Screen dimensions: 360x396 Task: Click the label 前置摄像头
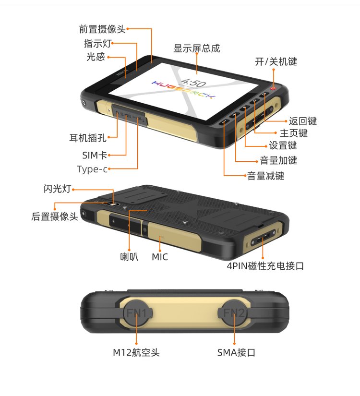click(102, 29)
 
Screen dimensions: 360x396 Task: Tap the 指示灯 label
click(97, 43)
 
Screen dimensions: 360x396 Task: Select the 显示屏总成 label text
click(196, 48)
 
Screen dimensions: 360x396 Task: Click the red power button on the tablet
click(273, 88)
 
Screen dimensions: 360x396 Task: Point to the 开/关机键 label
click(276, 61)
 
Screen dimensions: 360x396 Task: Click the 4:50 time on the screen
click(193, 82)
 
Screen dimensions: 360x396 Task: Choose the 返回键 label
click(303, 121)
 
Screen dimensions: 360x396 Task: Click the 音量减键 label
click(265, 176)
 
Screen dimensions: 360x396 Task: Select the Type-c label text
click(92, 169)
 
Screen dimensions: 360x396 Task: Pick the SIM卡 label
click(95, 155)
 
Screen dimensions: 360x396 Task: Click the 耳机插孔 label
click(88, 138)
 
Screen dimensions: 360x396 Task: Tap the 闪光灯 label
click(57, 189)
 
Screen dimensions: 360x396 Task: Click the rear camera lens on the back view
click(113, 204)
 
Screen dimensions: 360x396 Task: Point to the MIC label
click(160, 257)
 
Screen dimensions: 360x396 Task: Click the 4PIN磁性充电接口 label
click(265, 266)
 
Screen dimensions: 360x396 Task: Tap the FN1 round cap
click(137, 313)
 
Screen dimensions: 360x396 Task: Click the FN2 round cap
click(233, 313)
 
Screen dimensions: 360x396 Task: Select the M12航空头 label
click(136, 352)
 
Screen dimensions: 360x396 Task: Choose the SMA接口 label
click(236, 352)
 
